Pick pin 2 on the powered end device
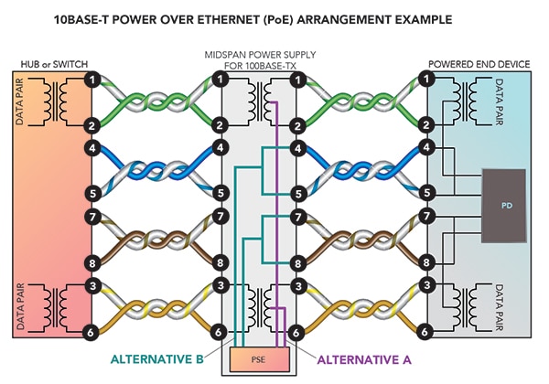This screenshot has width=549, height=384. tap(427, 124)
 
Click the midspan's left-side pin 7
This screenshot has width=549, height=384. tap(221, 217)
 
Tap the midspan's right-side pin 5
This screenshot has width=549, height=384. tap(296, 193)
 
